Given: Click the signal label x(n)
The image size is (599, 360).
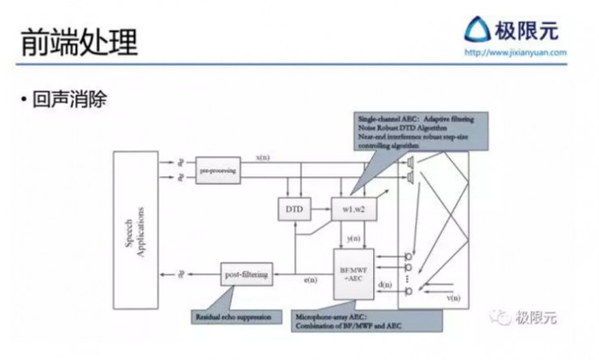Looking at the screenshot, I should click(264, 158).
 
